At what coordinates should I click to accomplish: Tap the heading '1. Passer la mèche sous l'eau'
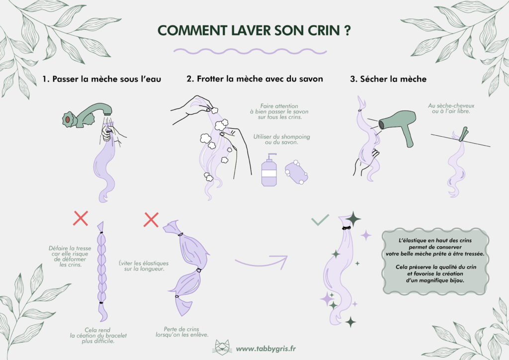tap(102, 79)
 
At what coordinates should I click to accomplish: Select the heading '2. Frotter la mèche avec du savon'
tap(254, 79)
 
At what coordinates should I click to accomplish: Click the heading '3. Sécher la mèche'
tap(388, 79)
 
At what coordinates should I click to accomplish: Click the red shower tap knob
tap(66, 119)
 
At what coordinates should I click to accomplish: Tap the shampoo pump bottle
tap(269, 171)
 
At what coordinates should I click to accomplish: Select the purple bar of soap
tap(297, 173)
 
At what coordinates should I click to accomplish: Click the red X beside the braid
tap(81, 218)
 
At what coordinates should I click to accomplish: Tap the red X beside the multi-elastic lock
tap(151, 218)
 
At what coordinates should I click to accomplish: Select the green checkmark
tap(320, 219)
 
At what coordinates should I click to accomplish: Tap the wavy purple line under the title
tap(250, 51)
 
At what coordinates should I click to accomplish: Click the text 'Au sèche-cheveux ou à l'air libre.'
tap(449, 109)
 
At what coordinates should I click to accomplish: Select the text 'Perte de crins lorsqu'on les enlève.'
tap(185, 331)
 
